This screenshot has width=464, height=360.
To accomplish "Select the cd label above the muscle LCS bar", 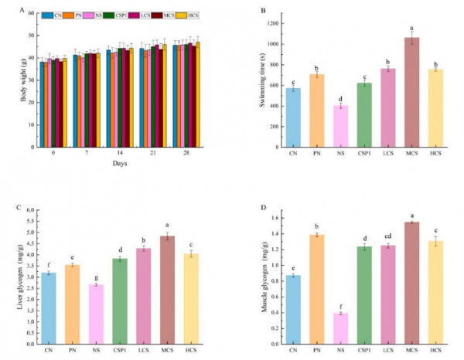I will click(388, 237).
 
